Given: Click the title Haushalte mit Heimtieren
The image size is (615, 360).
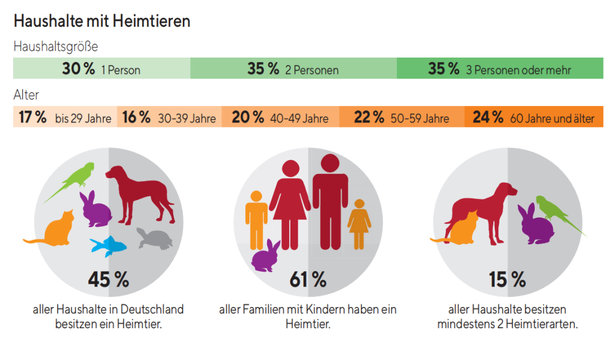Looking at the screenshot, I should tap(101, 21).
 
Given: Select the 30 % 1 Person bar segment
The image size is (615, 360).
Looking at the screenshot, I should tap(101, 69).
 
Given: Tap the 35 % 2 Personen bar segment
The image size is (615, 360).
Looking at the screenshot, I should tap(293, 69).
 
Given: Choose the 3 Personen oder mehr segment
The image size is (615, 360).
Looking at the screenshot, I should tap(499, 69).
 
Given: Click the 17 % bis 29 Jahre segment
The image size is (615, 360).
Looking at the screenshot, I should tap(65, 118).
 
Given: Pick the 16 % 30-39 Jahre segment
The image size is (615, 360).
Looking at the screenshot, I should tap(169, 118).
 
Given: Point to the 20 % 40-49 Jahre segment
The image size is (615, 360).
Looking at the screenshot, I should tap(280, 118).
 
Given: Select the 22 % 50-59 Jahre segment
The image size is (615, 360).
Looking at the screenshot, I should tap(401, 118).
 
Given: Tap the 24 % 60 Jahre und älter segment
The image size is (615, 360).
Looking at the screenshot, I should tap(534, 118).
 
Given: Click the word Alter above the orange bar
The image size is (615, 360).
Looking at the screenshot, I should tap(26, 95).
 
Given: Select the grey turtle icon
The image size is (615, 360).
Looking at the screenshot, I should tap(155, 240).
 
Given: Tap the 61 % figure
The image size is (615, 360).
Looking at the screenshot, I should tap(307, 280).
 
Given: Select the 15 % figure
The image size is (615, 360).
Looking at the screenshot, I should tap(507, 280).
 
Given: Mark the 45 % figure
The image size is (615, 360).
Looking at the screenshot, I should tap(108, 280).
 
